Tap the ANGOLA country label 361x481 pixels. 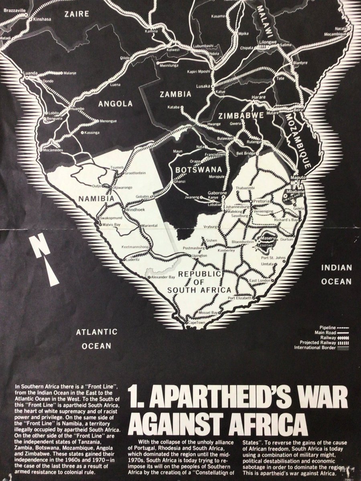pyautogui.click(x=116, y=103)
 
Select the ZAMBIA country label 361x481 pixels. pyautogui.click(x=175, y=95)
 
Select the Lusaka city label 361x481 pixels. pyautogui.click(x=203, y=86)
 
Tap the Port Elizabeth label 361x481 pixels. pyautogui.click(x=239, y=298)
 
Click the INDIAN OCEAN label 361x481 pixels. pyautogui.click(x=336, y=274)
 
